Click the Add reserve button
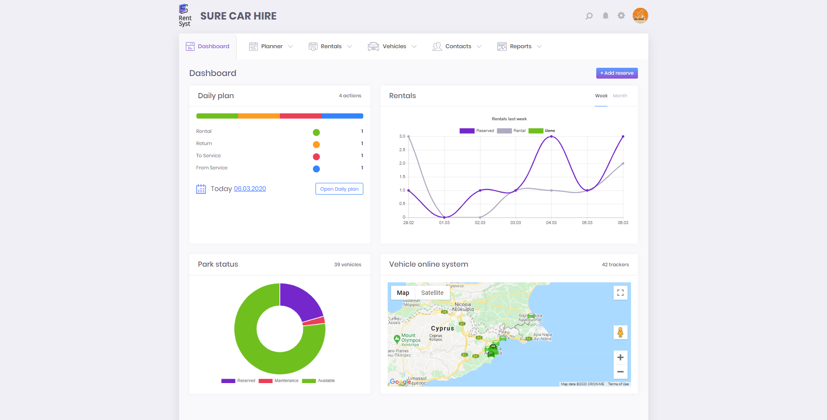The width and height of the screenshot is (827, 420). click(617, 73)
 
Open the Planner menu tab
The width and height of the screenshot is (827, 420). click(271, 46)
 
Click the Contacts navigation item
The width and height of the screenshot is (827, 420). click(457, 46)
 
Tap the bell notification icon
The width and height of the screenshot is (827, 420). click(605, 16)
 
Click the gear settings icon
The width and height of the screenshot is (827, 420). click(621, 16)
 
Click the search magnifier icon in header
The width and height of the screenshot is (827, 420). click(589, 16)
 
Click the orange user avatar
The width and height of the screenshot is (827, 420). click(640, 16)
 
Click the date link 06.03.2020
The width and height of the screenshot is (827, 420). click(250, 189)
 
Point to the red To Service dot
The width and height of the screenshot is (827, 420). click(316, 157)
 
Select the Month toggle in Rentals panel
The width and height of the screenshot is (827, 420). click(620, 96)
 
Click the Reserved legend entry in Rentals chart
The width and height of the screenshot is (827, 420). click(477, 131)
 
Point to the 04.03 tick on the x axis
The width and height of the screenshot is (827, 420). click(551, 222)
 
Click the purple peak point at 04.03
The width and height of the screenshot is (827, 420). click(551, 136)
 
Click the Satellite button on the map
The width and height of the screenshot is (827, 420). click(432, 293)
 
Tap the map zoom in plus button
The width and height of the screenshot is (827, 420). click(620, 357)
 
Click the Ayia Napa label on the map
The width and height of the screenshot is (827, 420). click(542, 337)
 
